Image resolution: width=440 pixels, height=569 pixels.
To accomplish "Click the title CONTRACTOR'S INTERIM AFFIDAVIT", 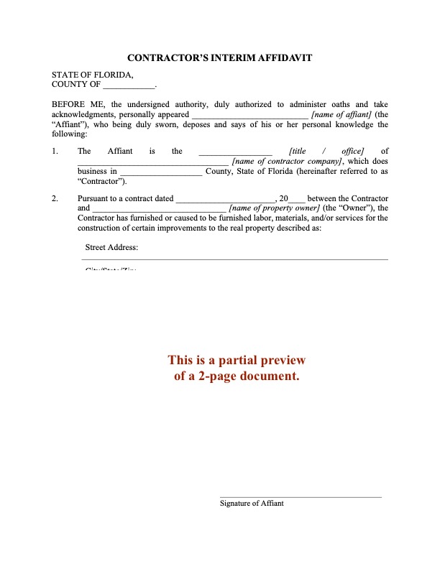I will tap(219, 57).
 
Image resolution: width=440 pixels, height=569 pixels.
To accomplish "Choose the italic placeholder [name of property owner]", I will tap(274, 208).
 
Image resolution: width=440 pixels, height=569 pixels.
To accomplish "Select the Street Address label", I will tap(111, 248).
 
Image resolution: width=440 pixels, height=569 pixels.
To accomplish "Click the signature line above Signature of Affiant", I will tap(301, 496).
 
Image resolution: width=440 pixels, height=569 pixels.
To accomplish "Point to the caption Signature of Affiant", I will tap(252, 504).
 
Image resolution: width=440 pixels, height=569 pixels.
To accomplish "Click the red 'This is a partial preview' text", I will tap(237, 360).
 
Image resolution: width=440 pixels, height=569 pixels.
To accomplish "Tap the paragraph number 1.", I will tap(55, 151).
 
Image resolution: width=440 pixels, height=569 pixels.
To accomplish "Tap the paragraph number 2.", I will tap(55, 198).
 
